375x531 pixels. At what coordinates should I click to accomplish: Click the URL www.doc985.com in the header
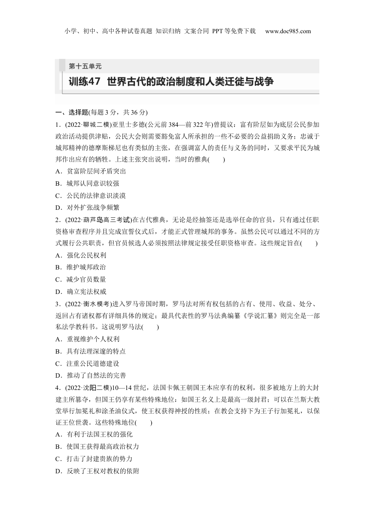[x=288, y=31]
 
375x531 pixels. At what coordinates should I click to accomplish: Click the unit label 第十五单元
[x=85, y=66]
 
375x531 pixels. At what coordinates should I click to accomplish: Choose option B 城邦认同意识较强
[x=87, y=183]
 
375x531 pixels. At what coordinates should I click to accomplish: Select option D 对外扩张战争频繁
[x=87, y=207]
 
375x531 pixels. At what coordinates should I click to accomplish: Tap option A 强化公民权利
[x=81, y=256]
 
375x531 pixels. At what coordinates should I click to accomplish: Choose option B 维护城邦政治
[x=81, y=267]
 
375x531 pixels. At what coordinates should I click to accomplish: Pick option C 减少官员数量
[x=81, y=280]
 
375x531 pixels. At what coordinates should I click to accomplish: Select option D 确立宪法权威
[x=81, y=292]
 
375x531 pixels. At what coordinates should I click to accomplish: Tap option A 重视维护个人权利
[x=87, y=339]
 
